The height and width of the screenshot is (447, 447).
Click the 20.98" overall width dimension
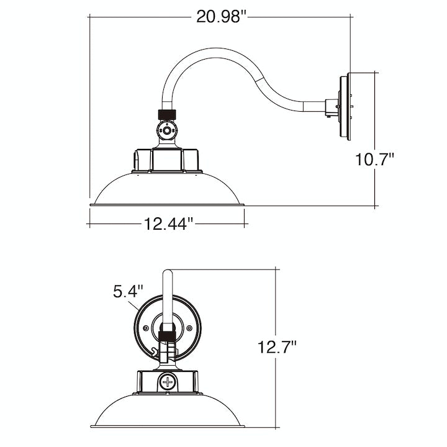(222, 17)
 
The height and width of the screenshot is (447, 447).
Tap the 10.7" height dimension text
(375, 160)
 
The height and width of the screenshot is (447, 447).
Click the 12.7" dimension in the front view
(276, 346)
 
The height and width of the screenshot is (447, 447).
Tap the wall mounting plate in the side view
(345, 107)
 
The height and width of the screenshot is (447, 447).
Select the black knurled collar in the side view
(166, 115)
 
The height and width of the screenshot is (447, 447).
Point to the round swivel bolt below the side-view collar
(166, 132)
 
